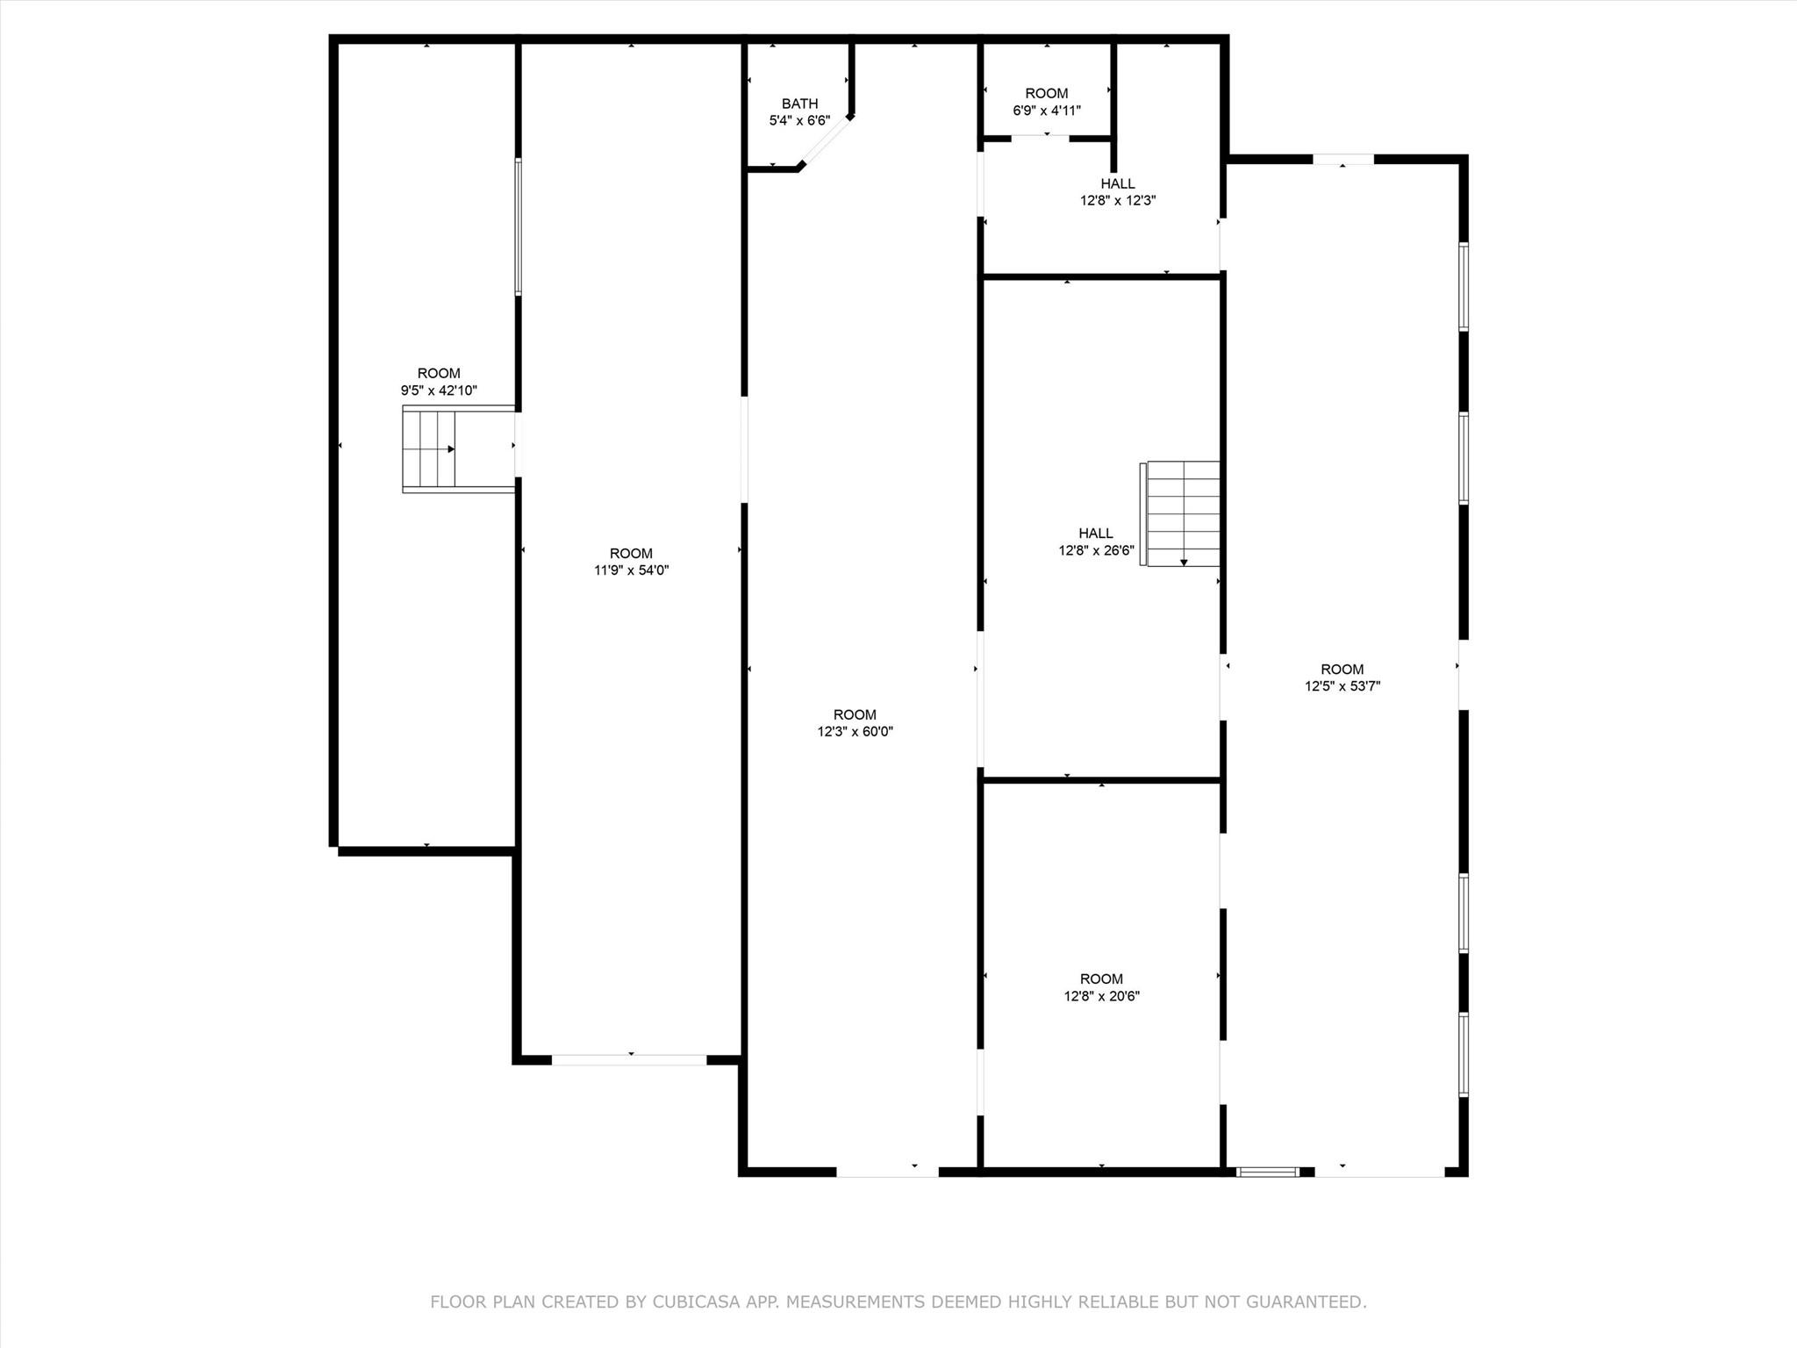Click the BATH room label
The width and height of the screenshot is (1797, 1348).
click(799, 104)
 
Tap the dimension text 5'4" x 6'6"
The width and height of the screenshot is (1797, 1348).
click(799, 120)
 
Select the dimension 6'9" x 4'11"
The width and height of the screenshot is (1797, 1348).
click(1047, 111)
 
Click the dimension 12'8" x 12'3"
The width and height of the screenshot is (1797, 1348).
click(1117, 200)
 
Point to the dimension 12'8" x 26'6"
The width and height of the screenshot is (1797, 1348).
click(1096, 550)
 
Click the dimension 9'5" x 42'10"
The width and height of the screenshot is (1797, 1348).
click(439, 391)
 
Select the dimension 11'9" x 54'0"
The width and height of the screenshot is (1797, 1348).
click(631, 570)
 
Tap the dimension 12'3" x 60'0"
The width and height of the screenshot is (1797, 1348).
click(855, 731)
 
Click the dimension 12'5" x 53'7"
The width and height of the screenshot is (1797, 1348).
click(1342, 686)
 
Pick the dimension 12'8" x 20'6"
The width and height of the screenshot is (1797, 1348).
click(1101, 996)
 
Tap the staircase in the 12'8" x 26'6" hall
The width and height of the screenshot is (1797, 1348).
click(1183, 513)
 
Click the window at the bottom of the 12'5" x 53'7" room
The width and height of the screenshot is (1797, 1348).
click(1267, 1171)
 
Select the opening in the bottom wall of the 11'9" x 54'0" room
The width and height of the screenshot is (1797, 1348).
click(629, 1059)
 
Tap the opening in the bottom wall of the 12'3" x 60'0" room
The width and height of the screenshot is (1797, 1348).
click(887, 1171)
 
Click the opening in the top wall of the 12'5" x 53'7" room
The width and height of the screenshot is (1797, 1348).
click(1342, 159)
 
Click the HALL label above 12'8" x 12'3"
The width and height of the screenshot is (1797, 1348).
click(1117, 183)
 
